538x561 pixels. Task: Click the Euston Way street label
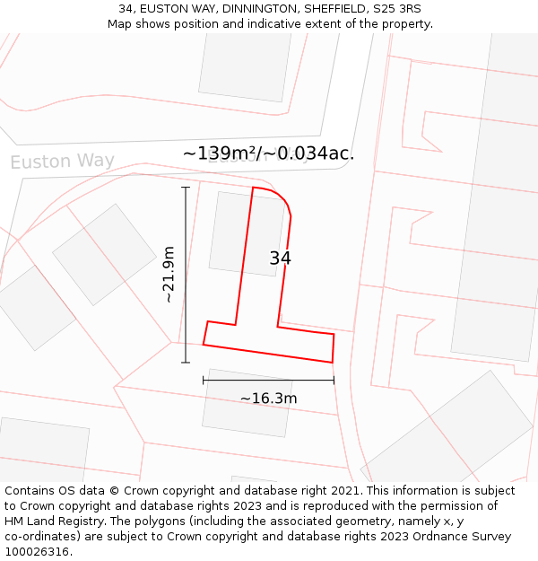coord(62,162)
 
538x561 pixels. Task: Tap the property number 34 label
coord(280,259)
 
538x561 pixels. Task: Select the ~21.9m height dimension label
coord(169,274)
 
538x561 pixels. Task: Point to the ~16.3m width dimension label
coord(268,398)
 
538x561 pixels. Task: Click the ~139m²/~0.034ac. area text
coord(268,153)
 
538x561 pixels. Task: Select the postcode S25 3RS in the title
coord(398,9)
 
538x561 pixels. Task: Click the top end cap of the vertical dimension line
coord(186,188)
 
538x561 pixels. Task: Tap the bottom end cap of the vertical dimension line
coord(186,363)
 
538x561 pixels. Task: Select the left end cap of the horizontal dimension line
coord(204,381)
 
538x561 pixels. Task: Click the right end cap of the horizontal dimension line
coord(334,381)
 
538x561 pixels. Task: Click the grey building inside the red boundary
coord(235,232)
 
